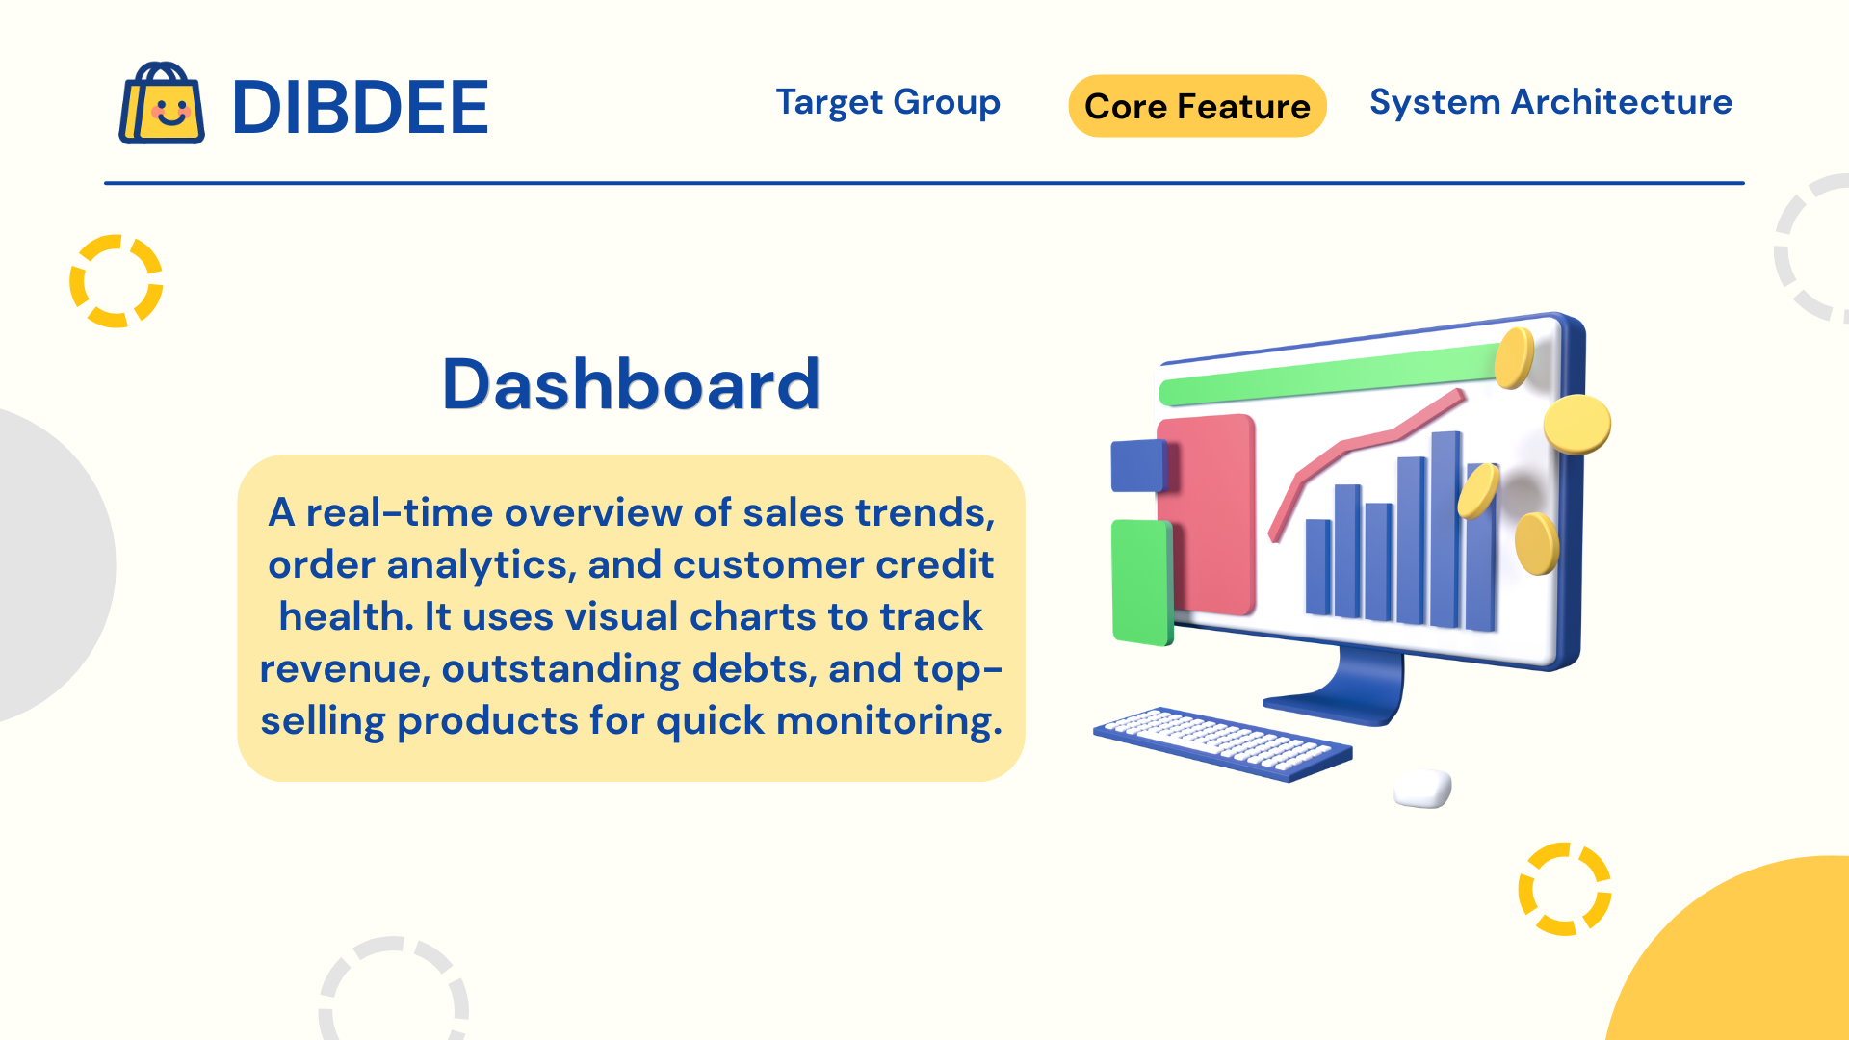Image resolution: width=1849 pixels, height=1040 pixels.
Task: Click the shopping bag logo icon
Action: click(161, 104)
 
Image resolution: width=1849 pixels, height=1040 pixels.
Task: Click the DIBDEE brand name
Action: click(360, 107)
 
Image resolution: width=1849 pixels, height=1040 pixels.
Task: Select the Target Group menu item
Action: click(888, 102)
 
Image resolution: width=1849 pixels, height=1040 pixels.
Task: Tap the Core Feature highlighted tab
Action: click(1197, 106)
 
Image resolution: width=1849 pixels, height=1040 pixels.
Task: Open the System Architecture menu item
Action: click(1550, 102)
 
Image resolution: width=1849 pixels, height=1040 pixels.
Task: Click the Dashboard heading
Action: click(631, 384)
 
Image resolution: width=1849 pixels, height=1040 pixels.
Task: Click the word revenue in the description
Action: click(344, 669)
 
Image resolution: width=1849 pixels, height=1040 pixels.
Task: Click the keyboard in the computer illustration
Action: click(1223, 743)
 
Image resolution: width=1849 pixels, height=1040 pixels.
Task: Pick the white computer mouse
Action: click(1422, 788)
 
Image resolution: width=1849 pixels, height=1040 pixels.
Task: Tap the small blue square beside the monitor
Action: click(1138, 466)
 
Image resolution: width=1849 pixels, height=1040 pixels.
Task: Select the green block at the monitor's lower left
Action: click(1142, 582)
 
